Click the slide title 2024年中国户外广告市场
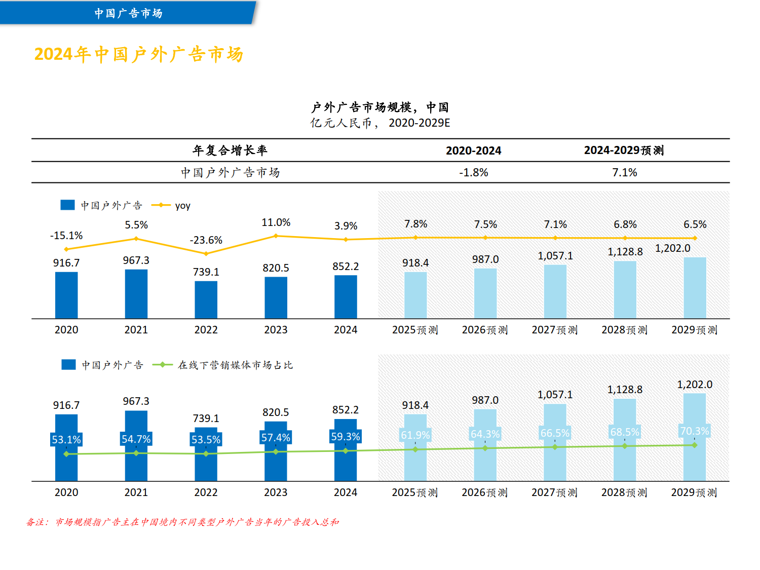(139, 54)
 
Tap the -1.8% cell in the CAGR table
(473, 173)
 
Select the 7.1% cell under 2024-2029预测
(624, 173)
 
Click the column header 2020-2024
(473, 150)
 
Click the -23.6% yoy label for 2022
(206, 240)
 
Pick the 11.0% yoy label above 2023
(276, 222)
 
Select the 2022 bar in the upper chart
(206, 300)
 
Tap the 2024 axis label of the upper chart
(346, 330)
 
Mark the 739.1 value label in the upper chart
(206, 272)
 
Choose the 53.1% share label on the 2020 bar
(66, 440)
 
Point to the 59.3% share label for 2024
(346, 437)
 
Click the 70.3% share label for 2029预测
(695, 431)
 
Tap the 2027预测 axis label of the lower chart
(554, 492)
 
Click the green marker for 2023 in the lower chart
(276, 451)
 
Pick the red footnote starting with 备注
(182, 522)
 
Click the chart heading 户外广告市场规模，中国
(379, 107)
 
